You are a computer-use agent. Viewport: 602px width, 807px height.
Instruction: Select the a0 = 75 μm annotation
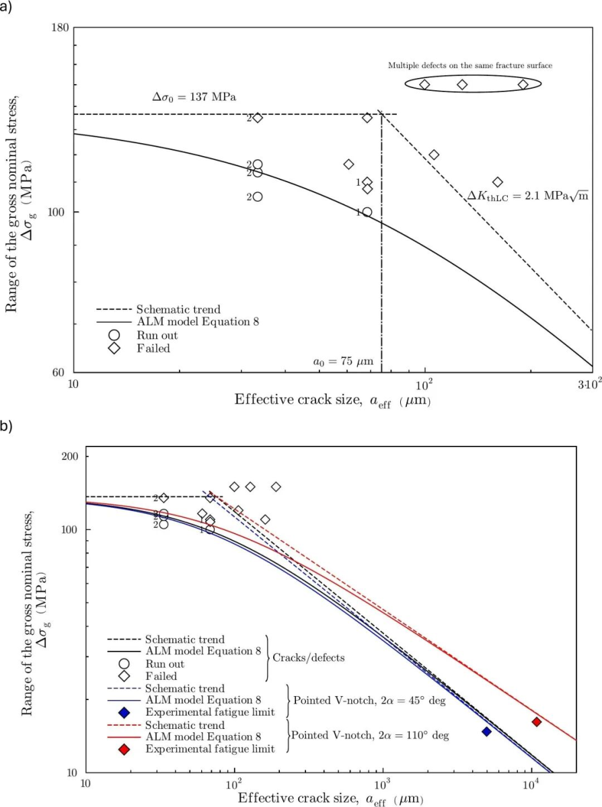[x=343, y=362]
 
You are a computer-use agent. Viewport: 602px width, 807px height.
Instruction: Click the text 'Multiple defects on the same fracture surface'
[x=470, y=66]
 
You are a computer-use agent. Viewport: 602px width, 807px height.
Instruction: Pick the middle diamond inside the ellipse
[x=462, y=85]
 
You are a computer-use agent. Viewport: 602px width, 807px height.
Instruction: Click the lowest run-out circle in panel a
[x=258, y=197]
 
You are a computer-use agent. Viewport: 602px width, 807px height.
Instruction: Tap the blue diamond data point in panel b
[x=486, y=731]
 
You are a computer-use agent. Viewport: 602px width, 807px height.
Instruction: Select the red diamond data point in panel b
[x=537, y=722]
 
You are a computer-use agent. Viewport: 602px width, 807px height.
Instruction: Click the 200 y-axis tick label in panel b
[x=70, y=457]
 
